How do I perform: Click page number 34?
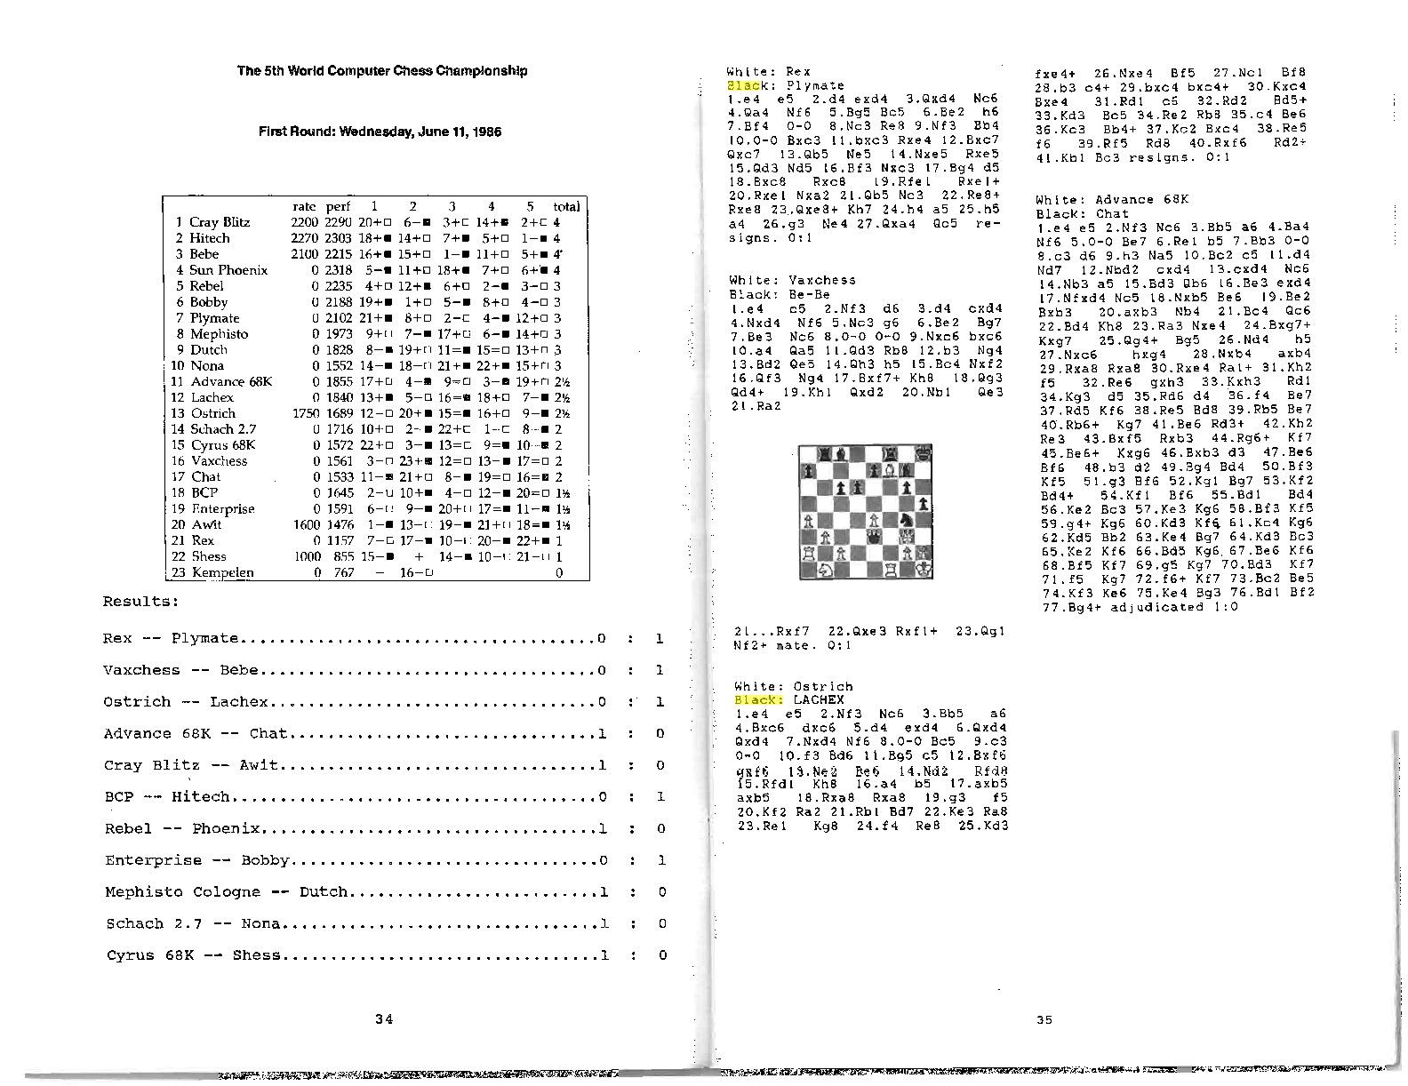tap(384, 1019)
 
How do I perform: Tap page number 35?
tap(1044, 1019)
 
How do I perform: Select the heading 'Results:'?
tap(140, 602)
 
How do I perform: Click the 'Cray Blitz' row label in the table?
tap(219, 222)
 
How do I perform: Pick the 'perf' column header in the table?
tap(338, 206)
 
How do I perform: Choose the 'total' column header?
tap(565, 206)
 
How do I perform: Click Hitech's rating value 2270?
tap(304, 238)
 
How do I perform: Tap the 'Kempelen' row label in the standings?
tap(222, 572)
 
